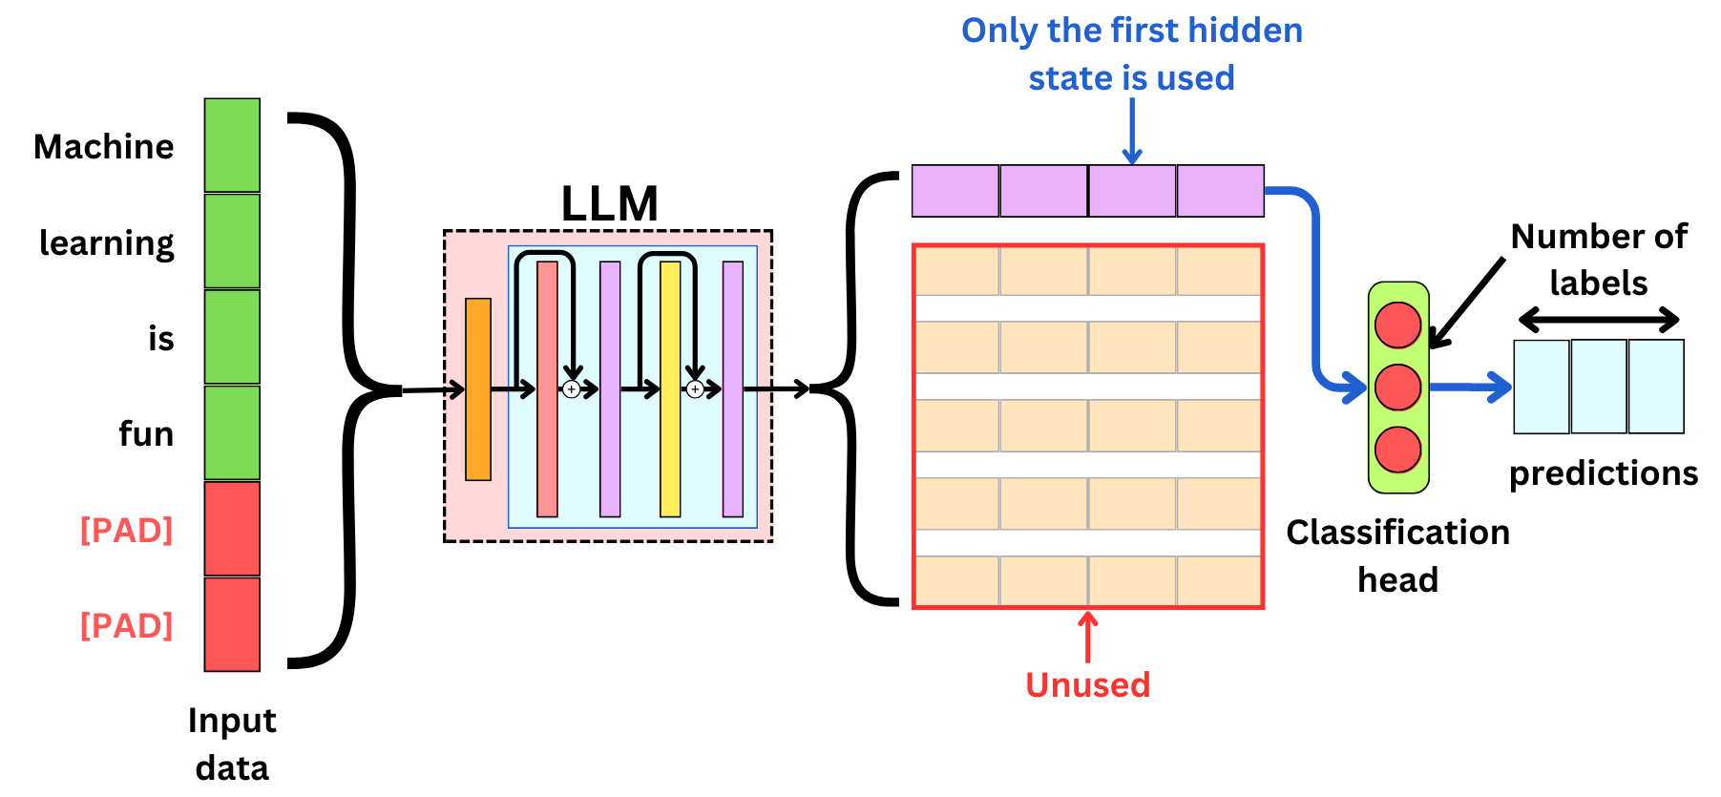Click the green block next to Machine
click(x=232, y=145)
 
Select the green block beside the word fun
click(x=232, y=432)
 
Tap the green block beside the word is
click(x=232, y=337)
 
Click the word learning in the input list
click(x=107, y=243)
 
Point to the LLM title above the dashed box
click(x=609, y=204)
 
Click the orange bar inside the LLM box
click(x=478, y=389)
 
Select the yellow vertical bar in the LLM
click(x=670, y=389)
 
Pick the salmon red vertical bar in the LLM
click(x=547, y=389)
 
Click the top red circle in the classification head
click(x=1397, y=325)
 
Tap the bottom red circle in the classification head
click(x=1397, y=450)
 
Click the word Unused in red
click(x=1087, y=684)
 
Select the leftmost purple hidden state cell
click(x=955, y=191)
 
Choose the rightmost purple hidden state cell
click(x=1220, y=191)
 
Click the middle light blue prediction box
click(x=1599, y=387)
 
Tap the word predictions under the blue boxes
click(x=1603, y=473)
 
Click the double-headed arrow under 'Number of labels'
click(x=1599, y=319)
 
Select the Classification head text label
click(x=1397, y=556)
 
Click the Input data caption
click(x=232, y=744)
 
